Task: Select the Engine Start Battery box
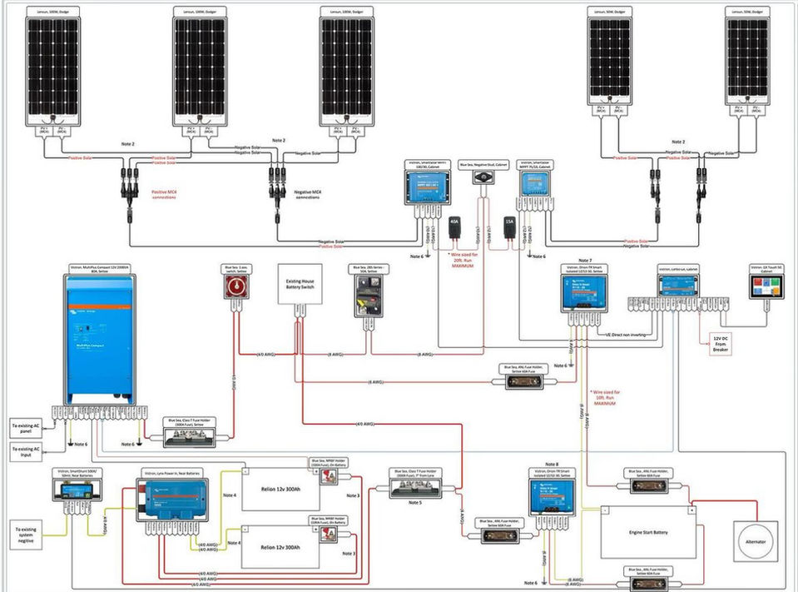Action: pyautogui.click(x=649, y=532)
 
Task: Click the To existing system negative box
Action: pyautogui.click(x=31, y=534)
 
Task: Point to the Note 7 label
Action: pyautogui.click(x=585, y=261)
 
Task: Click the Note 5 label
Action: pyautogui.click(x=415, y=503)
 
